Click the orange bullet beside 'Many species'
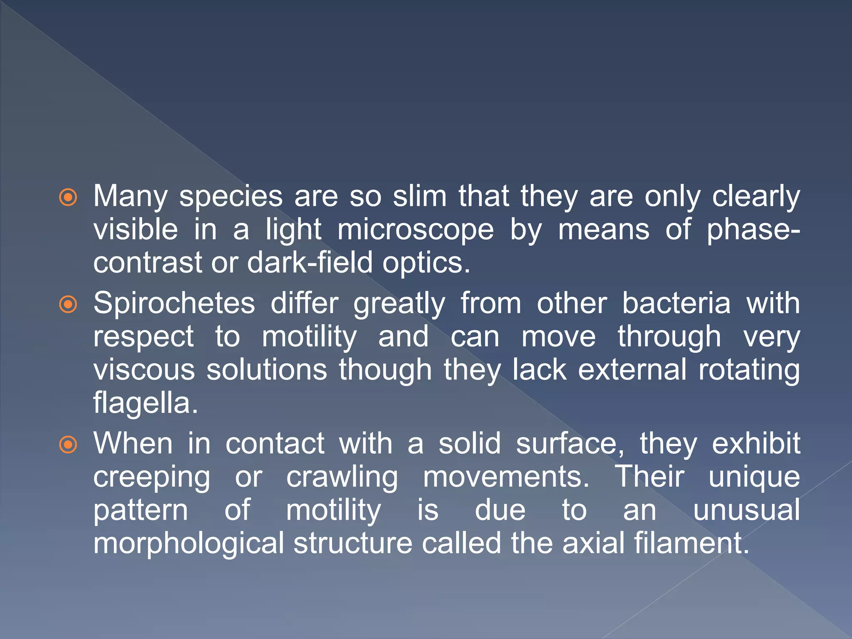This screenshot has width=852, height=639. tap(68, 198)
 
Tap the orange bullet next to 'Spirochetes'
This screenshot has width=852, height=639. tap(68, 305)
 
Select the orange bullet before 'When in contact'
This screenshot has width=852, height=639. tap(68, 445)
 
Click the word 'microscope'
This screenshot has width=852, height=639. tap(416, 230)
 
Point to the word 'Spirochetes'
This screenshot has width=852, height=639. tap(174, 303)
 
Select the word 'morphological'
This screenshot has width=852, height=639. tap(188, 543)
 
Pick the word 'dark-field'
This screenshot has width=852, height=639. tap(310, 263)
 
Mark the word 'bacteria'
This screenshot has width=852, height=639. tap(676, 303)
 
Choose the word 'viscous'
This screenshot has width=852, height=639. tap(144, 370)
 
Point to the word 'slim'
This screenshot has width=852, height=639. tap(420, 196)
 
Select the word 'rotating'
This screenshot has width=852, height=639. tap(749, 370)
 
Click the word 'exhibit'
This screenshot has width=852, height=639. tap(756, 443)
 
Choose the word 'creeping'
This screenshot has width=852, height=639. tap(151, 478)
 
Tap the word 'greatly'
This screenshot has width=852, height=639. tap(399, 304)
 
